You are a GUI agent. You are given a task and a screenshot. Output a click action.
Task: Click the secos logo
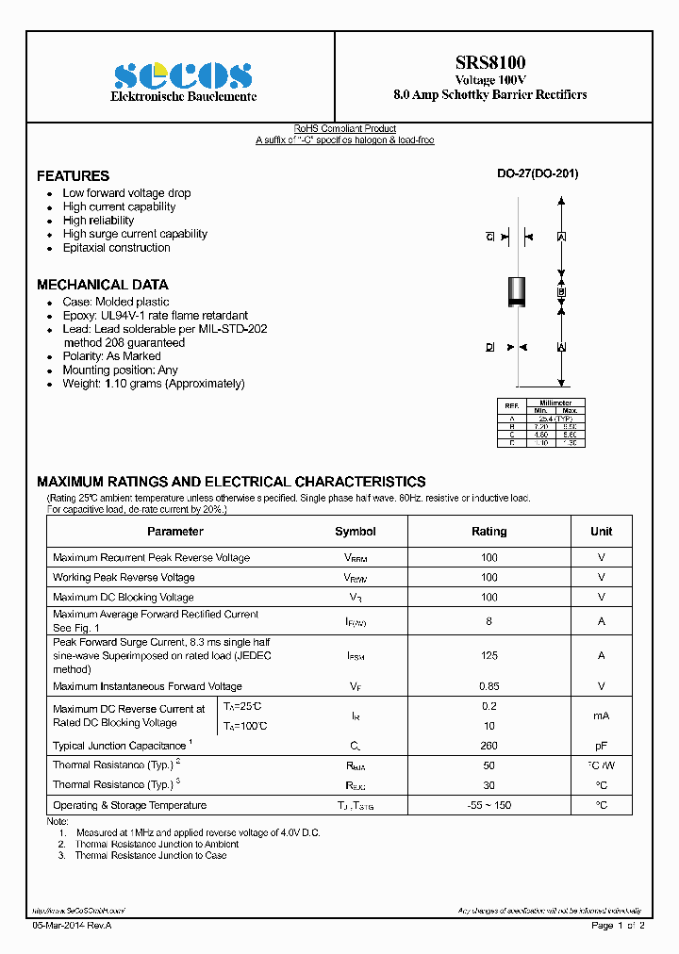pos(183,76)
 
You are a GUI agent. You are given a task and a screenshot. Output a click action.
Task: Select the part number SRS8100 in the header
pos(490,62)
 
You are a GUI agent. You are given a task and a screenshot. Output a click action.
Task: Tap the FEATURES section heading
pos(73,176)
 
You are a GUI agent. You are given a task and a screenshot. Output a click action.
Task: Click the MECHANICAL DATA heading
pos(102,285)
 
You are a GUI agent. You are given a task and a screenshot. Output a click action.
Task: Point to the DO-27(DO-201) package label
pos(538,173)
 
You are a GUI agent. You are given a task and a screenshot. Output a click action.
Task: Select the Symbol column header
pos(355,532)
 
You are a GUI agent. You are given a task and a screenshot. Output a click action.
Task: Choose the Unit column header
pos(601,532)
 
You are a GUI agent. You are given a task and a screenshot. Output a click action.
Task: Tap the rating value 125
pos(489,655)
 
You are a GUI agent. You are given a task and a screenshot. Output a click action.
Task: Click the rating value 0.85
pos(489,686)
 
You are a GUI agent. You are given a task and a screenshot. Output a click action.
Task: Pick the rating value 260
pos(489,746)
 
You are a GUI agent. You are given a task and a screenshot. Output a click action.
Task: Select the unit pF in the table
pos(601,746)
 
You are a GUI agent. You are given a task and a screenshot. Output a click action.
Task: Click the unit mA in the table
pos(601,716)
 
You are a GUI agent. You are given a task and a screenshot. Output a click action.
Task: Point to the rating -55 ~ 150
pos(489,805)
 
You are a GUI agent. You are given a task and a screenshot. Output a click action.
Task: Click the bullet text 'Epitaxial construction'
pos(116,248)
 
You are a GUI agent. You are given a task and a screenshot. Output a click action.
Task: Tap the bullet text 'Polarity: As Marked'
pos(111,356)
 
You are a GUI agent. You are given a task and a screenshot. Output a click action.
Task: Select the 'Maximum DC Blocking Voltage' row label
pos(124,598)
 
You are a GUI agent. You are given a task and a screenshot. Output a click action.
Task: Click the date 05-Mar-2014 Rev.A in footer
pos(72,927)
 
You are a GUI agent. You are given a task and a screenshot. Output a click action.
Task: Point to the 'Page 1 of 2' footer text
pos(618,927)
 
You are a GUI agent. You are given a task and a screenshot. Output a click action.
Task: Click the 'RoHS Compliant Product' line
pos(344,129)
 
